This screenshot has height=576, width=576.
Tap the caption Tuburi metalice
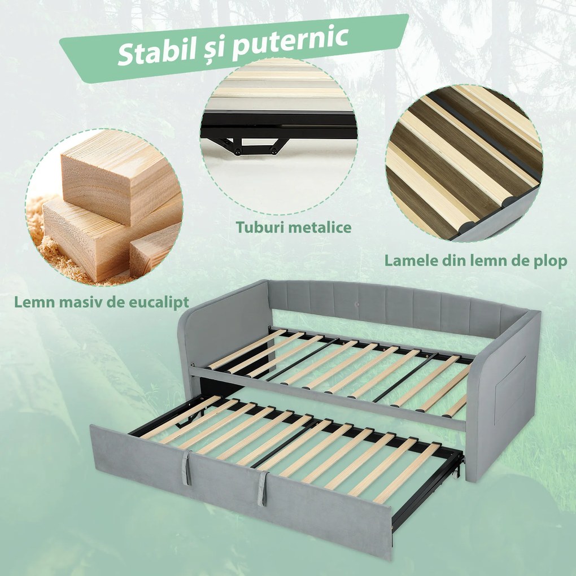[294, 228]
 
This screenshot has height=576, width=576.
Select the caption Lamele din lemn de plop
[475, 261]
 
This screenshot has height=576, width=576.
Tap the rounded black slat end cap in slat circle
[468, 228]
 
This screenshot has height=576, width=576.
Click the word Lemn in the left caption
[33, 302]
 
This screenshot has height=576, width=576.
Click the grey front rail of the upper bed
[328, 398]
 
